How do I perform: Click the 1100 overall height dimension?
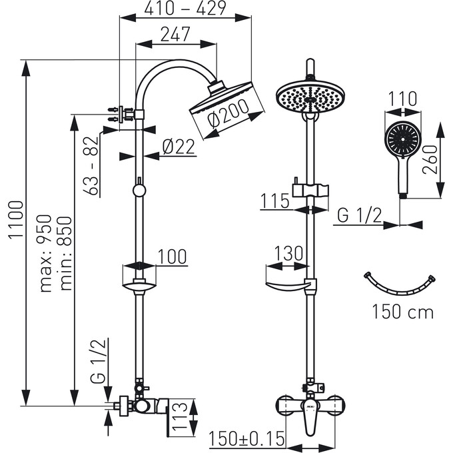pyautogui.click(x=16, y=220)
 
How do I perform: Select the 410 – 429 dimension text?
pyautogui.click(x=185, y=9)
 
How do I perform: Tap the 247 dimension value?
pyautogui.click(x=175, y=34)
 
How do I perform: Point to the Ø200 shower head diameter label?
pyautogui.click(x=228, y=113)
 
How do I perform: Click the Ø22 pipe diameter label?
pyautogui.click(x=179, y=147)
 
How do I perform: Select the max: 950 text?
pyautogui.click(x=46, y=253)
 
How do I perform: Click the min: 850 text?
pyautogui.click(x=65, y=253)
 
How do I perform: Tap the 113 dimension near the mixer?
pyautogui.click(x=179, y=416)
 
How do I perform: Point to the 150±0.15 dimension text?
pyautogui.click(x=246, y=439)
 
